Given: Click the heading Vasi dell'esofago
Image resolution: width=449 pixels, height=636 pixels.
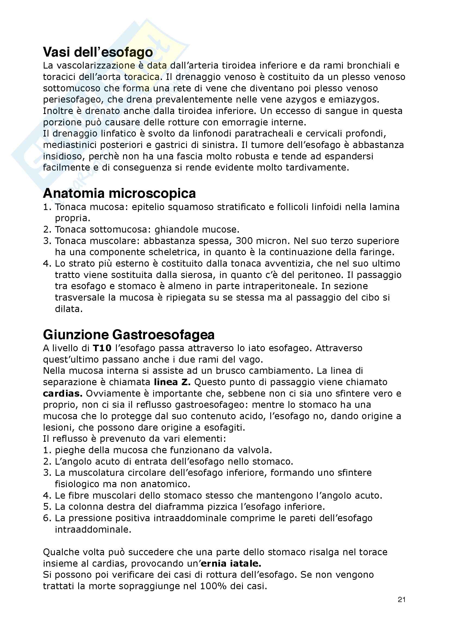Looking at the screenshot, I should point(98,52).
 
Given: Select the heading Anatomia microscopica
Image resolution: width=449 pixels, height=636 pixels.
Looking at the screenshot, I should point(119,193).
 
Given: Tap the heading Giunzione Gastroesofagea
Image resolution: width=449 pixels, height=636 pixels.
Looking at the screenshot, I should point(129,335).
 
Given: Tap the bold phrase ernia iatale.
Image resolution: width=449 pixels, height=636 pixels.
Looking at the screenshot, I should point(231,563).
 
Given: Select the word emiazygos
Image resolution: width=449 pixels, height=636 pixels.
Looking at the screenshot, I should point(355,100).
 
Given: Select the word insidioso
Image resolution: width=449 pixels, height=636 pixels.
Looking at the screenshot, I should point(64,156).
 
